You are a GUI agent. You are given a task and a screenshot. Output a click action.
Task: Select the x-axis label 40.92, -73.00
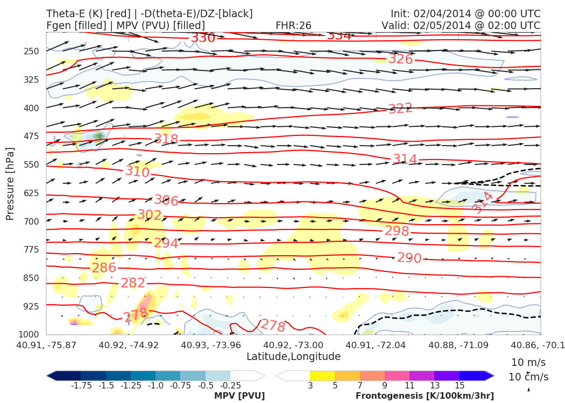(293, 344)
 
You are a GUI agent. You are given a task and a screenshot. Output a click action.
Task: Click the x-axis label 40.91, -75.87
(46, 344)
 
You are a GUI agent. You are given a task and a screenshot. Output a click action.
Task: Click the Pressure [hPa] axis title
(10, 183)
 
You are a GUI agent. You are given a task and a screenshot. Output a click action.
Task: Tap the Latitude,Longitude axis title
(293, 356)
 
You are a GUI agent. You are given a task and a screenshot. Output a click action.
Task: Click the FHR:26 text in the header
(293, 25)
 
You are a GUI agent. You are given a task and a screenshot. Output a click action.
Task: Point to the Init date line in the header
(465, 13)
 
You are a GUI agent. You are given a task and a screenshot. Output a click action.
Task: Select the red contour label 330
(203, 38)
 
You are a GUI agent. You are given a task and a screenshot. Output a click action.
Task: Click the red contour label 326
(400, 59)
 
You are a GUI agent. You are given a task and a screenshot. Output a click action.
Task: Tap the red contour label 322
(400, 109)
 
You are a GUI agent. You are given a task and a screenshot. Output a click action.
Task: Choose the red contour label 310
(137, 172)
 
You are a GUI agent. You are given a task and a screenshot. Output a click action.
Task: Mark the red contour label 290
(409, 258)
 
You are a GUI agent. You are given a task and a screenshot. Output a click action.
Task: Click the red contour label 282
(133, 283)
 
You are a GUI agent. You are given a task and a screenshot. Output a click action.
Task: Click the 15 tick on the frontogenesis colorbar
(460, 386)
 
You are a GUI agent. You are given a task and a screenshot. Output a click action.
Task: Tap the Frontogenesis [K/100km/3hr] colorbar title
(425, 396)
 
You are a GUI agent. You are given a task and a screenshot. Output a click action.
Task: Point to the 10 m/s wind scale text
(526, 362)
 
